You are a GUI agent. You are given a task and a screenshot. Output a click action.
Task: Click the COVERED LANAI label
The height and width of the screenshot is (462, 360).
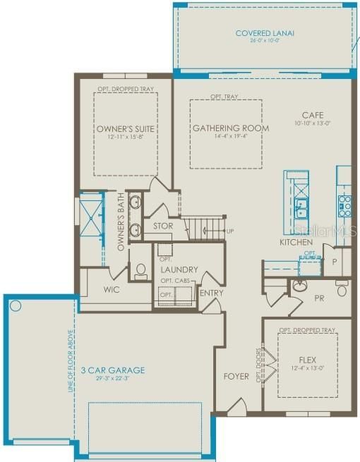point(265,33)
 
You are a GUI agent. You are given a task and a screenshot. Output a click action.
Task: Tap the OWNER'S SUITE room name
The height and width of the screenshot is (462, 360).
point(125,129)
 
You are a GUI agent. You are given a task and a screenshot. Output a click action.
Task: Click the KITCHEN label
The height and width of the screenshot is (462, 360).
point(296,242)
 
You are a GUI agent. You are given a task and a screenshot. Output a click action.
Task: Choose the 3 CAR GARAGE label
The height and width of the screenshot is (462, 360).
point(112,370)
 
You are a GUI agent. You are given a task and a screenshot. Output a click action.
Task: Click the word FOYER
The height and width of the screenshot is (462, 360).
point(236,376)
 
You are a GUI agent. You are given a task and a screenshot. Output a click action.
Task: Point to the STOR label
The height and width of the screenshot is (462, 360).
point(163,226)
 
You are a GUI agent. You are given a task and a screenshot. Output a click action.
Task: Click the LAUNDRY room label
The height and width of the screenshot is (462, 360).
point(179,269)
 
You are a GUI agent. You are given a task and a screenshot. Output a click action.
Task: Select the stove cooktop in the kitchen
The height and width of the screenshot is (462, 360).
point(344,205)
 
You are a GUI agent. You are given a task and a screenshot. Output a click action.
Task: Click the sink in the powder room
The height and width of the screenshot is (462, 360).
point(299,286)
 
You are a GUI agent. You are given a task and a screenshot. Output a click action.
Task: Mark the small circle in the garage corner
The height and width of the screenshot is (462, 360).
point(16,307)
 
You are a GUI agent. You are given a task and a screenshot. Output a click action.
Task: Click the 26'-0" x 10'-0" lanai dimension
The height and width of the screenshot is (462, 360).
point(265,41)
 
